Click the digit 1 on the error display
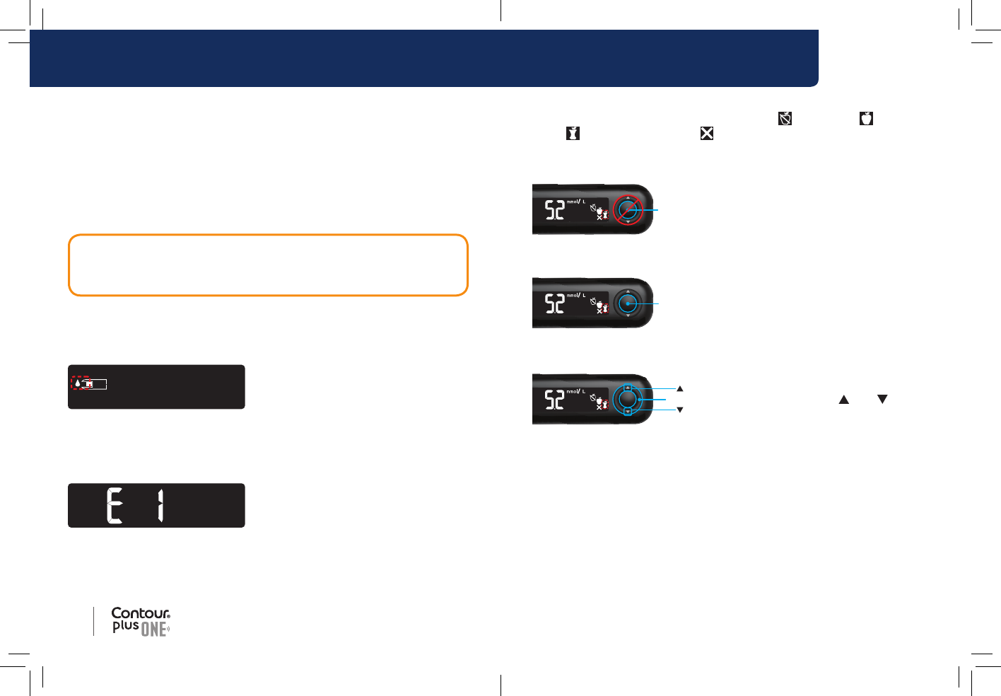click(161, 506)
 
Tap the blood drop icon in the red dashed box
click(78, 383)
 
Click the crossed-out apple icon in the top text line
click(785, 118)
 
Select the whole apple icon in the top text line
click(866, 118)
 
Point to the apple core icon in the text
click(573, 133)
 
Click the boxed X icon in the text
click(706, 133)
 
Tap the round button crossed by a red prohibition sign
click(628, 209)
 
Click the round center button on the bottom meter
click(628, 400)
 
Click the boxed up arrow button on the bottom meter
click(628, 388)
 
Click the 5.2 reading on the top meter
click(554, 210)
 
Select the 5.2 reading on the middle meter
click(554, 303)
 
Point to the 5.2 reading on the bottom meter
click(554, 400)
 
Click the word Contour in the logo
click(141, 613)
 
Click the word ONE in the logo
click(154, 629)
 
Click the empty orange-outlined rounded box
click(268, 265)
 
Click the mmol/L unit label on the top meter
click(576, 202)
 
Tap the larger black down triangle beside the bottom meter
click(882, 400)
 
